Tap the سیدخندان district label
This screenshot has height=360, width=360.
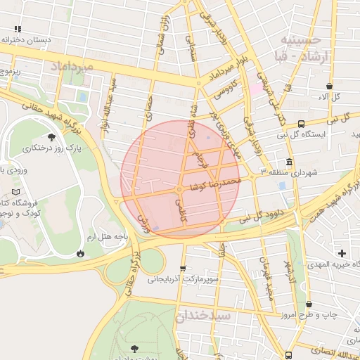coord(205,316)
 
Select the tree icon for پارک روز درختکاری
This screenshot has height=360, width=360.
coord(51,138)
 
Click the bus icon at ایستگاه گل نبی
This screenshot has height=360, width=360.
coord(301,123)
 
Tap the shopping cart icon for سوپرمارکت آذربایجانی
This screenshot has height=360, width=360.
coord(184,269)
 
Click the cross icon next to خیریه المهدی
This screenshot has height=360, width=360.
coord(342,253)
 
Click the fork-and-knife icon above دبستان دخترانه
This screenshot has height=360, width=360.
coord(18,29)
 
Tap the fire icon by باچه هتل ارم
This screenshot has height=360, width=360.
coord(82,252)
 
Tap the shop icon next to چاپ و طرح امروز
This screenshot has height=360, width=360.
coord(310,304)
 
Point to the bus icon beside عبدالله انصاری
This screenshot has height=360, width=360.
coord(288,355)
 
